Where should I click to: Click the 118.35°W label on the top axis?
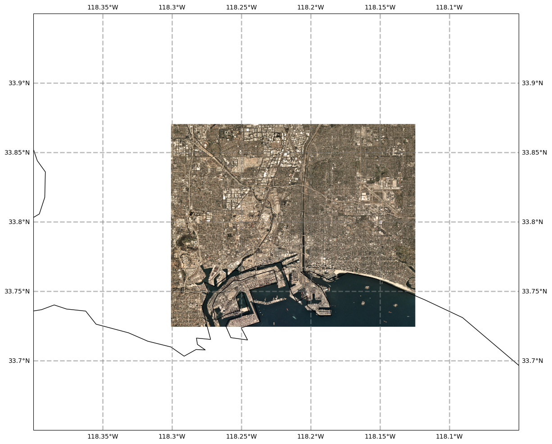tap(103, 7)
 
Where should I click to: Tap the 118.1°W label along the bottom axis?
tap(449, 436)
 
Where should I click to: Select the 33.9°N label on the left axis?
tap(17, 83)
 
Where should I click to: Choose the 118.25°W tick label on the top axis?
tap(241, 7)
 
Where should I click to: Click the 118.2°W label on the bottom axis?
tap(311, 436)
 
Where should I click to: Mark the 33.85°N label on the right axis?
tap(534, 152)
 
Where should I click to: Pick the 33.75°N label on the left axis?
tap(17, 291)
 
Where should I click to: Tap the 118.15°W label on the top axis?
tap(380, 7)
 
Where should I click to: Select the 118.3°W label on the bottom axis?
tap(172, 436)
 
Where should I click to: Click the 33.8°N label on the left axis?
tap(17, 222)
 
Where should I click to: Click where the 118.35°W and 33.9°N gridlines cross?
tap(103, 83)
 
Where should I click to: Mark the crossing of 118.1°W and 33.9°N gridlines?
tap(449, 83)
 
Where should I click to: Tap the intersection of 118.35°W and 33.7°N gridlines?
tap(103, 361)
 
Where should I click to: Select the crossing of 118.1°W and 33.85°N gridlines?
tap(449, 152)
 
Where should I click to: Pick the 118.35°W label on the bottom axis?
tap(103, 436)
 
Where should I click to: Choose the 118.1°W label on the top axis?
tap(449, 7)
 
